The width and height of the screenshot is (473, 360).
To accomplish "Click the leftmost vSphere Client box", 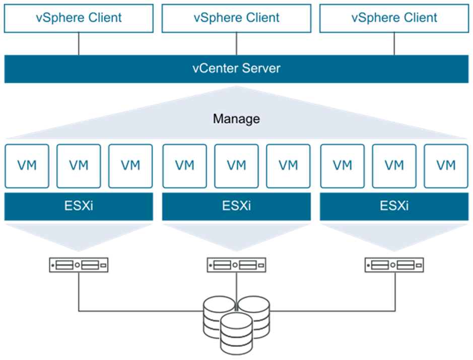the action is tap(79, 18).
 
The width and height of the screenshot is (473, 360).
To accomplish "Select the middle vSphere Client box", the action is tap(237, 18).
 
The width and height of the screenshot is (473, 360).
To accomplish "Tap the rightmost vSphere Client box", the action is tap(394, 18).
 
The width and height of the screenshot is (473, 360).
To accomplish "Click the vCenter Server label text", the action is tap(237, 68).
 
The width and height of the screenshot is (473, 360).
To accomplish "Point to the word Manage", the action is tap(237, 118).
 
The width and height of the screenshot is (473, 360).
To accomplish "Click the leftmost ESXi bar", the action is tap(79, 207).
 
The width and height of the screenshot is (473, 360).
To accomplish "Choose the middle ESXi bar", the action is tap(237, 207).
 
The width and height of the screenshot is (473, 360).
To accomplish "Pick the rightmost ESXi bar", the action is tap(394, 207).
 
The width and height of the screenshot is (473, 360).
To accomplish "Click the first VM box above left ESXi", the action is tap(27, 166).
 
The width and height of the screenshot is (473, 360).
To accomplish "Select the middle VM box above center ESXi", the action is tap(237, 166).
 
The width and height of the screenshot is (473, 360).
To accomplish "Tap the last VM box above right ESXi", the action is tap(446, 166).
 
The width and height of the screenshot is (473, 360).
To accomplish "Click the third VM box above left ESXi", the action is tap(130, 166).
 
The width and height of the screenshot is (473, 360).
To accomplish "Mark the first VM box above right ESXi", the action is tap(343, 166).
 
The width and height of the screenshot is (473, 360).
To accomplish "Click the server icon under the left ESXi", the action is tap(79, 265).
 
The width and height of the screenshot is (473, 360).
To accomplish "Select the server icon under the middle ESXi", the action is tap(237, 265).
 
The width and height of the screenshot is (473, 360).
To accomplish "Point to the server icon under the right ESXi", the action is tap(394, 265).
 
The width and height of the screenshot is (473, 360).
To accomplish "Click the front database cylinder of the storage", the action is tap(237, 334).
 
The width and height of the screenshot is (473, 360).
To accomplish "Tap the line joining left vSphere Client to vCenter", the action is tap(79, 44).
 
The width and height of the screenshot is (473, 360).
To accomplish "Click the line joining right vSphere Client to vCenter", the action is tap(394, 44).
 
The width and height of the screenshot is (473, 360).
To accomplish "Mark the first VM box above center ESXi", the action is tap(184, 166).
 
